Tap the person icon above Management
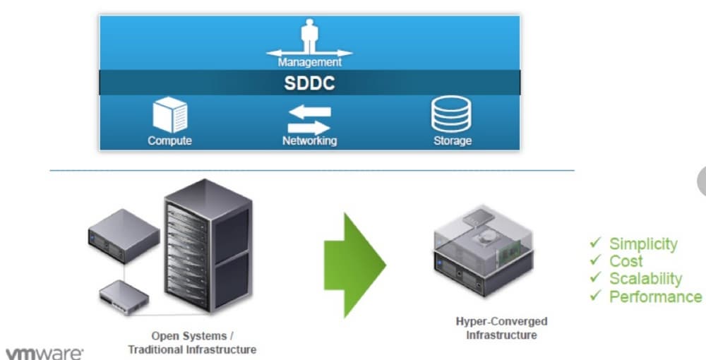click(x=309, y=35)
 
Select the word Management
click(x=309, y=62)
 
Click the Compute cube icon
click(x=169, y=115)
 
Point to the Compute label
click(x=169, y=140)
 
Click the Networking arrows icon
click(x=309, y=119)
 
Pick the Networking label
click(x=309, y=140)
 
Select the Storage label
click(x=452, y=140)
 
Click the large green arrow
click(x=354, y=264)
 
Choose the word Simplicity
click(x=643, y=244)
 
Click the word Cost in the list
click(x=626, y=261)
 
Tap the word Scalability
click(x=645, y=279)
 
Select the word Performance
click(x=655, y=296)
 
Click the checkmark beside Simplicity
click(x=595, y=244)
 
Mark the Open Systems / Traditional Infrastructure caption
click(x=192, y=342)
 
